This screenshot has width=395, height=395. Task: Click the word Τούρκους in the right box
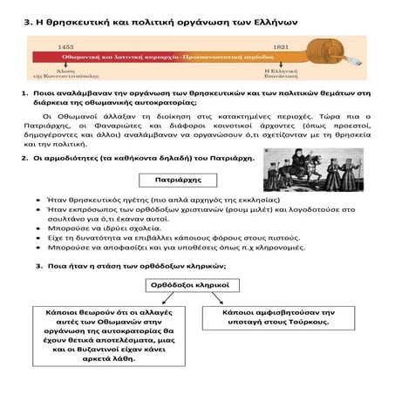coord(304,322)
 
